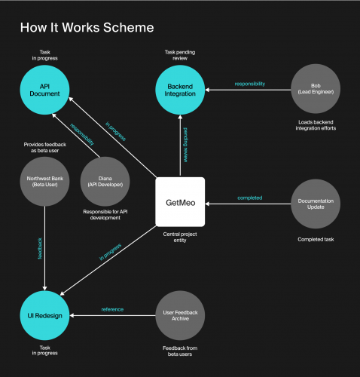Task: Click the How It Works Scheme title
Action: click(x=87, y=28)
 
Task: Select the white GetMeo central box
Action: click(x=180, y=202)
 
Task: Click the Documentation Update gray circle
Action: click(x=315, y=202)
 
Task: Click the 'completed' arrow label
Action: click(x=249, y=198)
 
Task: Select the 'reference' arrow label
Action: click(x=111, y=309)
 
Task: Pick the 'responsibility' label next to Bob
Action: click(x=249, y=84)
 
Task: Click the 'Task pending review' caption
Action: click(x=180, y=55)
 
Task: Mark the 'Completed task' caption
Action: click(x=315, y=240)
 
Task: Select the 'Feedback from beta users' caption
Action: click(x=180, y=351)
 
